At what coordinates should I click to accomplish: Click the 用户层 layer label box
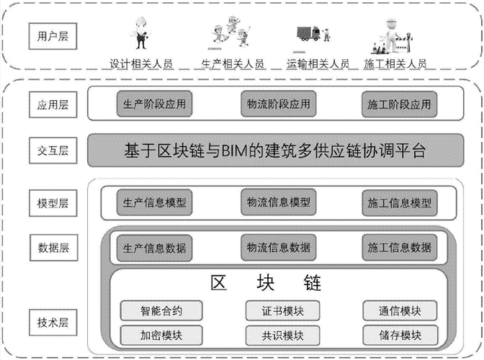pyautogui.click(x=53, y=36)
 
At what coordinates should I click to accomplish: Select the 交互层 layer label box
pyautogui.click(x=53, y=150)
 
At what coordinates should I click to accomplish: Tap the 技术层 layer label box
pyautogui.click(x=53, y=323)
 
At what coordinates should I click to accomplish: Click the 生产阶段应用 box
pyautogui.click(x=154, y=104)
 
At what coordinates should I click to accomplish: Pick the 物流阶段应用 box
pyautogui.click(x=279, y=104)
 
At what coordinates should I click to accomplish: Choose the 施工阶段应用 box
pyautogui.click(x=400, y=104)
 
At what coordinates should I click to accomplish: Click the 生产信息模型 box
pyautogui.click(x=154, y=202)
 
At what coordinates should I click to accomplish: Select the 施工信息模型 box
pyautogui.click(x=400, y=202)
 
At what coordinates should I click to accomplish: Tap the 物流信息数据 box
pyautogui.click(x=279, y=248)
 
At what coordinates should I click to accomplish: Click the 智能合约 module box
pyautogui.click(x=161, y=310)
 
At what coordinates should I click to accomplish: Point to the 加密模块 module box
pyautogui.click(x=161, y=335)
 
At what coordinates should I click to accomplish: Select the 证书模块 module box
pyautogui.click(x=283, y=310)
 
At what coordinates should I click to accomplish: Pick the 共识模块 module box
pyautogui.click(x=283, y=336)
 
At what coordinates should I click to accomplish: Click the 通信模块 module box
pyautogui.click(x=400, y=310)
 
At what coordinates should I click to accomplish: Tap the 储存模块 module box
pyautogui.click(x=400, y=335)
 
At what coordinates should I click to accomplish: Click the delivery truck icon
pyautogui.click(x=309, y=33)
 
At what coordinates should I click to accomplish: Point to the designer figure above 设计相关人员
pyautogui.click(x=141, y=33)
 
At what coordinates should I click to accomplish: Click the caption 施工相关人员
pyautogui.click(x=395, y=64)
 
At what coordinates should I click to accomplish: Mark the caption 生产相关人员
pyautogui.click(x=233, y=64)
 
